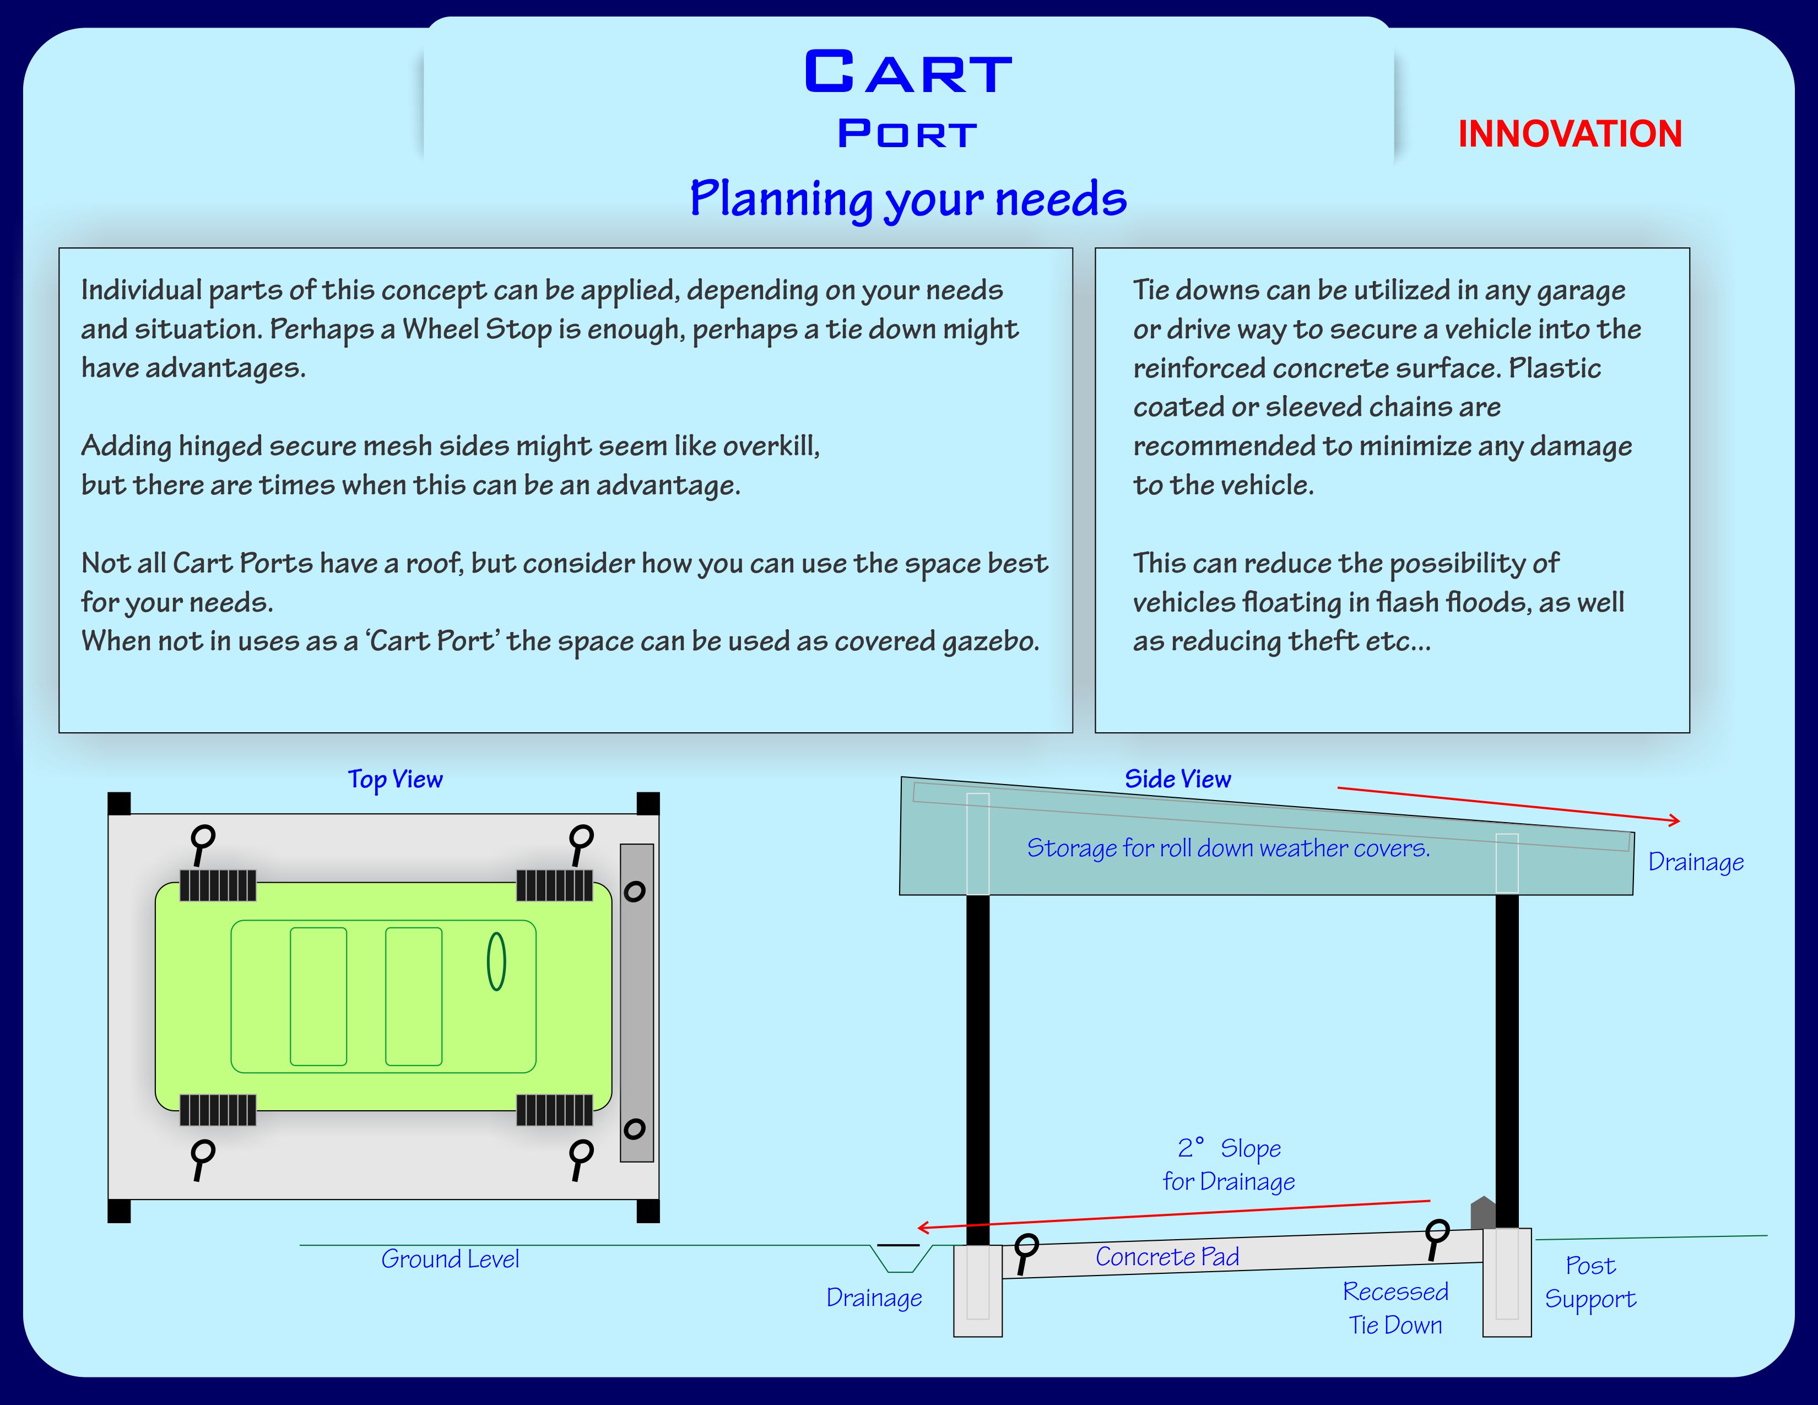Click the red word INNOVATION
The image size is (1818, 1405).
1570,134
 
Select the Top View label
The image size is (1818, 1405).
396,780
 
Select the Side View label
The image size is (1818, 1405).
1177,779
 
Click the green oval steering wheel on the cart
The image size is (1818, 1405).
496,961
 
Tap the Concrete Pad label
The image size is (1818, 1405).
1167,1257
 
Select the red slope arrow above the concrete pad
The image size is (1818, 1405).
1173,1214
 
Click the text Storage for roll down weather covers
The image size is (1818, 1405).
1228,848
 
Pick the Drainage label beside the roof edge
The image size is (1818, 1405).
1696,862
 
